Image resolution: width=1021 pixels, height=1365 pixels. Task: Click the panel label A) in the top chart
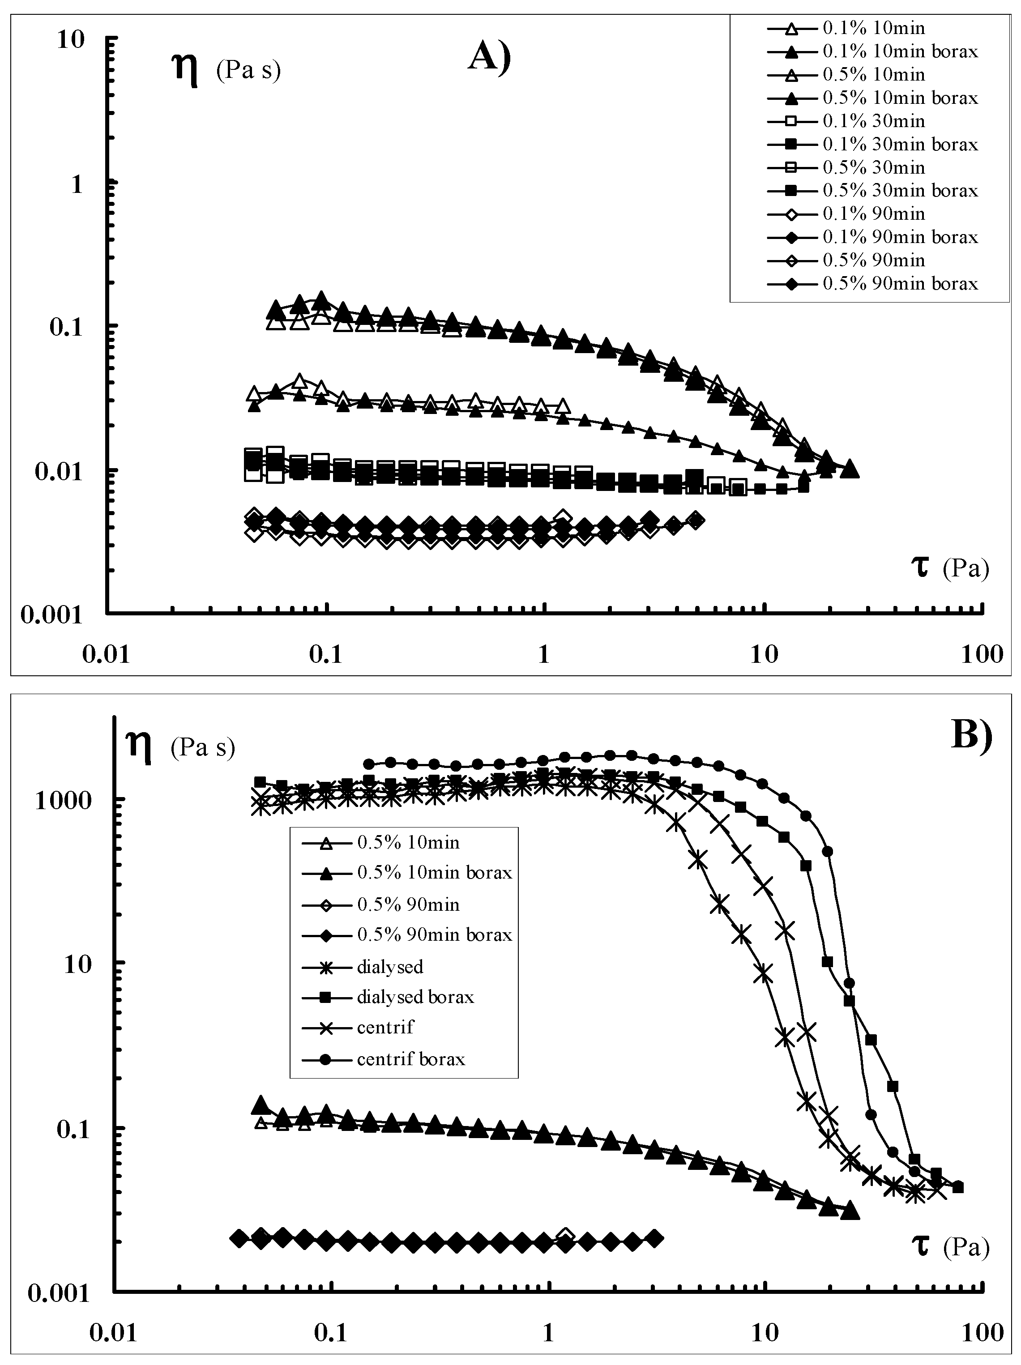[490, 59]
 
